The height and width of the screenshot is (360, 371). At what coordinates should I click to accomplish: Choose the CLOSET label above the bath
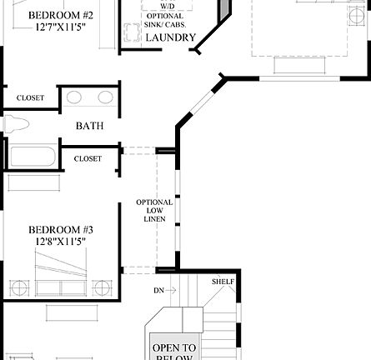[30, 98]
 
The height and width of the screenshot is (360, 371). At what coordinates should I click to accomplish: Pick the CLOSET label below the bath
[88, 159]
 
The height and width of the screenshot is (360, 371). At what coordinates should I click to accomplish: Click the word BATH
[89, 127]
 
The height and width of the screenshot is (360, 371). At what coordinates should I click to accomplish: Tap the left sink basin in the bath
[73, 97]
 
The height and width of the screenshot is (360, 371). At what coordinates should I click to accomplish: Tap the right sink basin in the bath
[105, 97]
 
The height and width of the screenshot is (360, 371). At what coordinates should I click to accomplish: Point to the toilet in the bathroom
[16, 125]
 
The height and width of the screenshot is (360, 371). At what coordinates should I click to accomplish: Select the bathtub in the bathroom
[31, 156]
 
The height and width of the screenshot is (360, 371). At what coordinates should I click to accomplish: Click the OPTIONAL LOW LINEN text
[154, 211]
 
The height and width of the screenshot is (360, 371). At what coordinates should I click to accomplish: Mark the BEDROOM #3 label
[60, 230]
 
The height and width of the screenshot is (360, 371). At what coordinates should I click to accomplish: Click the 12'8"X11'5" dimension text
[60, 242]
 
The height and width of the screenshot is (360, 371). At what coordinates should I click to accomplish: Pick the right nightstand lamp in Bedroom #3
[102, 288]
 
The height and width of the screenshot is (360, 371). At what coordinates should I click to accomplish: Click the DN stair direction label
[158, 290]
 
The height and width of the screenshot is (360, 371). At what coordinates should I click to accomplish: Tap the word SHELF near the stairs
[223, 281]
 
